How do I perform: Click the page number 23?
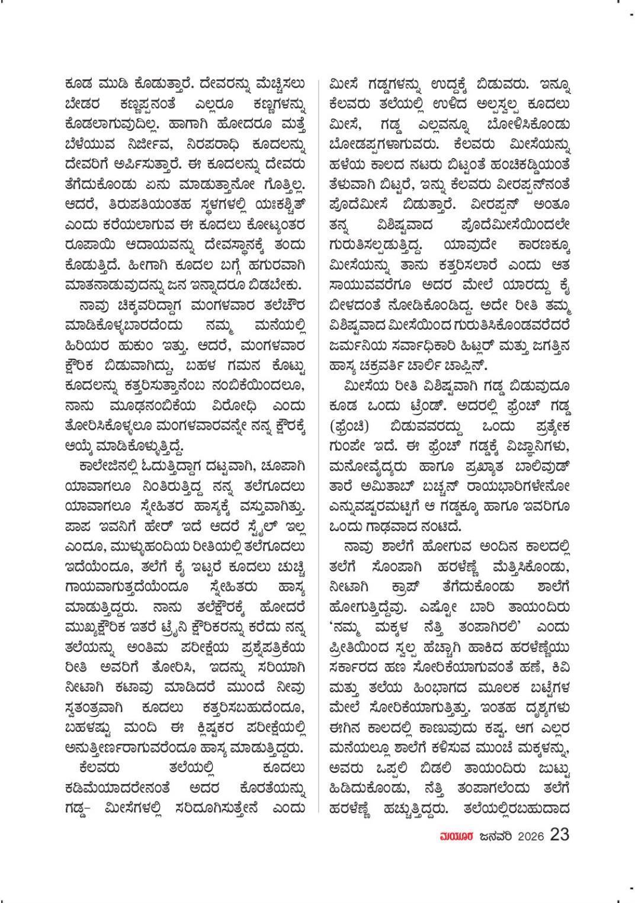tap(559, 834)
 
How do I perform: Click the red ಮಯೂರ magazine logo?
tap(454, 835)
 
